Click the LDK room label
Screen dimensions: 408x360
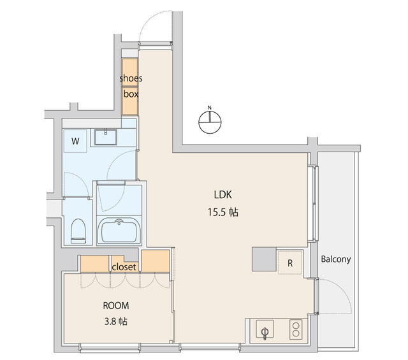(x=222, y=194)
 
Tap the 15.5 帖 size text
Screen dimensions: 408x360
(x=222, y=212)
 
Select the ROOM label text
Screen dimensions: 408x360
(x=116, y=305)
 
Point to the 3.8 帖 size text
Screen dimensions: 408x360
(x=116, y=322)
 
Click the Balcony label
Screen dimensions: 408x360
(x=336, y=259)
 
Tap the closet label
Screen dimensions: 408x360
(x=124, y=267)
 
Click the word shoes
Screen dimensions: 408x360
(x=131, y=78)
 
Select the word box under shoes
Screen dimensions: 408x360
(x=131, y=94)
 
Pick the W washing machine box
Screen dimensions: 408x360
(x=75, y=141)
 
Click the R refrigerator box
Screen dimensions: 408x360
(x=290, y=263)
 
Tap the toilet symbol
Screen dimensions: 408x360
(x=78, y=231)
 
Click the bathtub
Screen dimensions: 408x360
(x=119, y=231)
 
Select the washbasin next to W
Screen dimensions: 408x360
(x=106, y=137)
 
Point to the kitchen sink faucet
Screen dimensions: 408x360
(x=265, y=333)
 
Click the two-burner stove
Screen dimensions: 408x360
(x=296, y=329)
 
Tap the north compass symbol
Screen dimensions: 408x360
(x=210, y=122)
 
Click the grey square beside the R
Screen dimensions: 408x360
(x=264, y=259)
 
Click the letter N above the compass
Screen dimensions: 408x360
(x=210, y=108)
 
